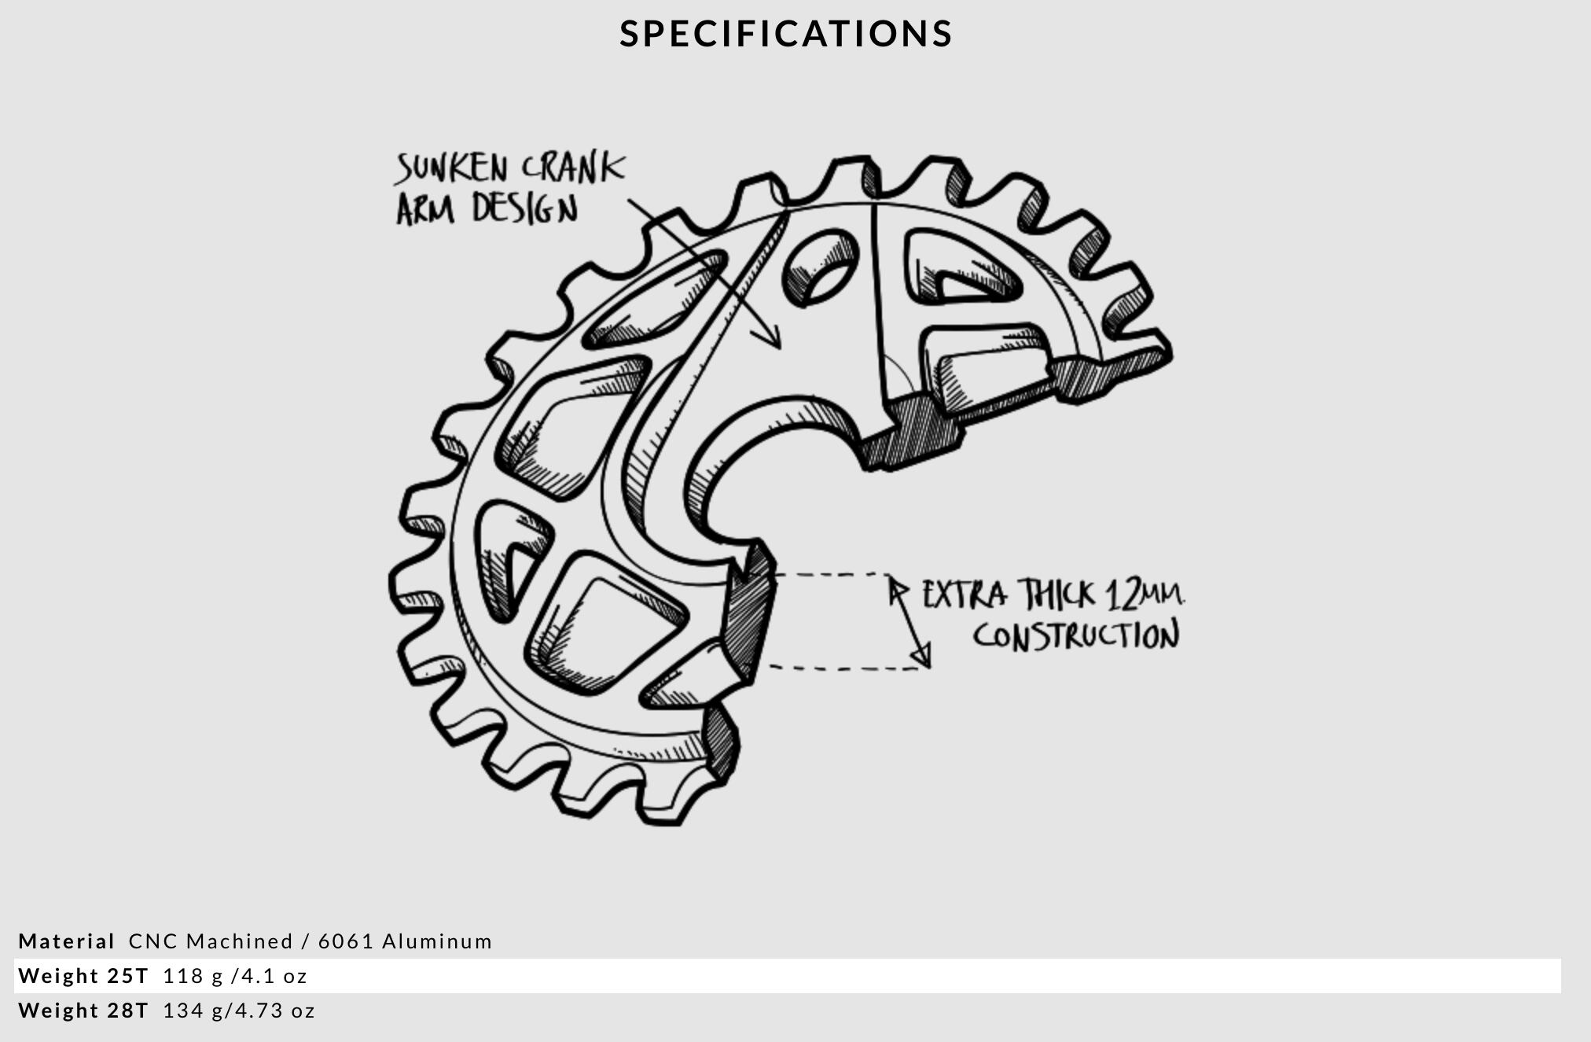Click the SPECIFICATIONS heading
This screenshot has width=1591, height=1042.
(x=786, y=34)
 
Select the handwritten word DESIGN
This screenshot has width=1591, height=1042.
(x=525, y=209)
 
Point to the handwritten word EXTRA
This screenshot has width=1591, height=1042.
(x=964, y=595)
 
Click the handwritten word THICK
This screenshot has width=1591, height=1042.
(x=1056, y=595)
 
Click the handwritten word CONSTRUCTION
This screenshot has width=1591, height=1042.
(x=1076, y=635)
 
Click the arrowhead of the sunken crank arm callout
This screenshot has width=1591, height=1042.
(x=771, y=338)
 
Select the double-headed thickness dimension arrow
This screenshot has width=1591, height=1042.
(x=909, y=622)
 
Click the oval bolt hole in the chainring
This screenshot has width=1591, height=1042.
(x=820, y=267)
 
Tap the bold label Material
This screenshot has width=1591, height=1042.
(x=67, y=941)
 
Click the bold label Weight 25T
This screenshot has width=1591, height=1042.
(x=83, y=976)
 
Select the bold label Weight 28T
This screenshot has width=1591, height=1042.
(x=83, y=1011)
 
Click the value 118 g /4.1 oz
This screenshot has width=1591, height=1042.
(x=235, y=976)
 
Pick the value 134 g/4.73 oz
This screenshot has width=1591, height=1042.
(x=239, y=1011)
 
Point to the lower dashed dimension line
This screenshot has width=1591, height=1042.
(x=845, y=668)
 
